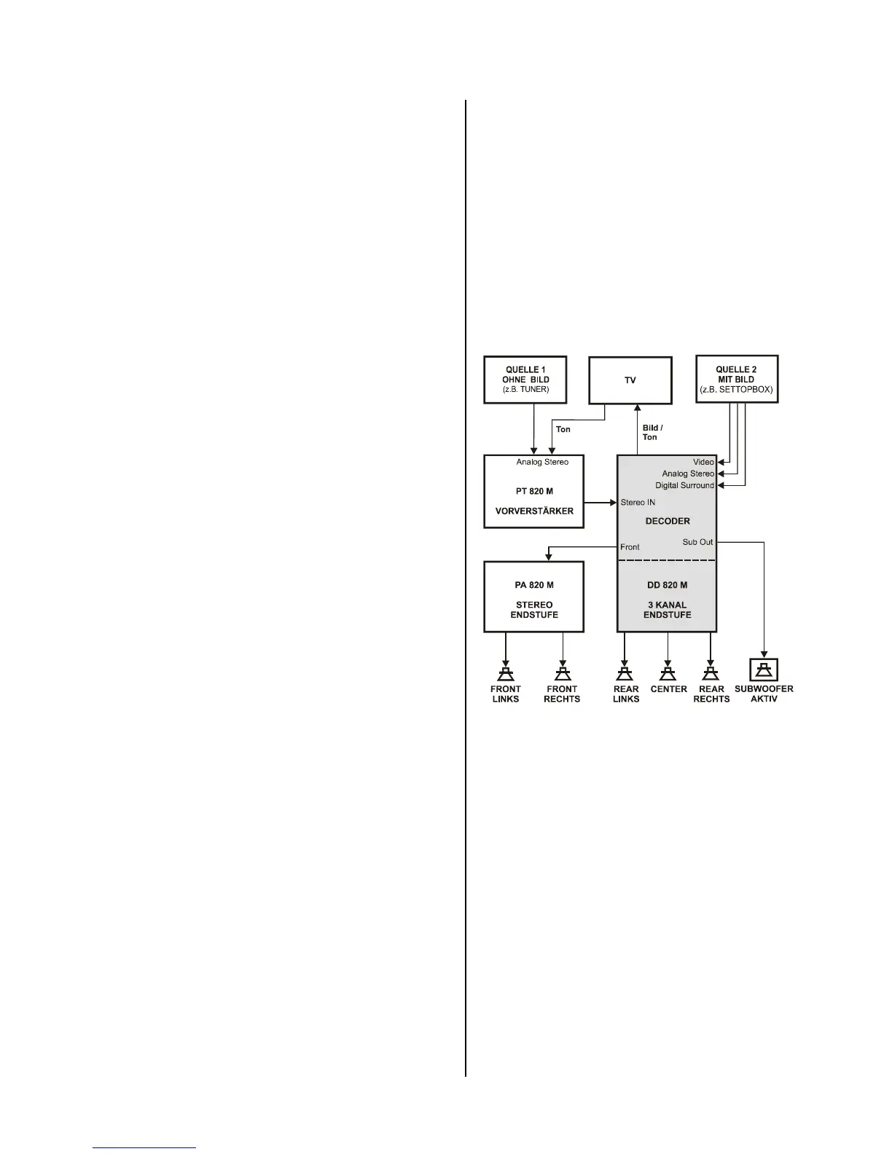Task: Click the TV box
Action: tap(630, 380)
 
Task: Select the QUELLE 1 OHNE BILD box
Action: tap(525, 380)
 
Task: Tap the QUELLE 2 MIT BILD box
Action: tap(736, 379)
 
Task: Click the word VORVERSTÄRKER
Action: tap(534, 511)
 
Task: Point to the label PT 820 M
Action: tap(534, 491)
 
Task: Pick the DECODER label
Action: tap(668, 521)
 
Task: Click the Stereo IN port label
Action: tap(638, 502)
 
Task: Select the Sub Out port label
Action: tap(697, 542)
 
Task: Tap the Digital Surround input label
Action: tap(684, 485)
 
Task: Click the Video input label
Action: tap(703, 462)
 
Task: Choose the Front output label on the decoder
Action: tap(630, 547)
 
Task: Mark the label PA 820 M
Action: tap(534, 585)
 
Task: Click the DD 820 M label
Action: tap(668, 585)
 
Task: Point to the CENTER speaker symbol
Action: tap(668, 673)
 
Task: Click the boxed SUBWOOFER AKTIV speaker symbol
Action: tap(764, 670)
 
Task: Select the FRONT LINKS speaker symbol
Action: tap(506, 673)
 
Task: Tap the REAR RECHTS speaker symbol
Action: tap(711, 673)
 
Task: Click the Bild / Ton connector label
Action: tap(652, 433)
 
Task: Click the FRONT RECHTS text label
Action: tap(562, 694)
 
